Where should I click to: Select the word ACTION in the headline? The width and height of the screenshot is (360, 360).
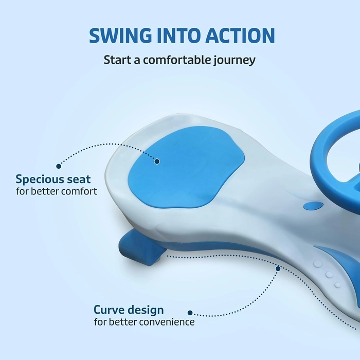(240, 35)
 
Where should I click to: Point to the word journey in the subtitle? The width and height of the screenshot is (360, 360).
(235, 61)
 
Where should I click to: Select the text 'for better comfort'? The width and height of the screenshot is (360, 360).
(57, 191)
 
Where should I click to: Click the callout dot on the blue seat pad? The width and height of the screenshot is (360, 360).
(157, 161)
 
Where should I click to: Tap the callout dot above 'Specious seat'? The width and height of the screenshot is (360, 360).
(59, 166)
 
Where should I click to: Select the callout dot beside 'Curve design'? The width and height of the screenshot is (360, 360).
(190, 313)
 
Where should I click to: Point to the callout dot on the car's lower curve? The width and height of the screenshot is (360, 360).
(278, 268)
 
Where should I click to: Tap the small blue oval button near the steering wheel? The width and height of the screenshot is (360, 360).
(313, 206)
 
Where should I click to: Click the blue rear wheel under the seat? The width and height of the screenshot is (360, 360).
(141, 248)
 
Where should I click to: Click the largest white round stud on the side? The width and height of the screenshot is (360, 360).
(318, 264)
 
